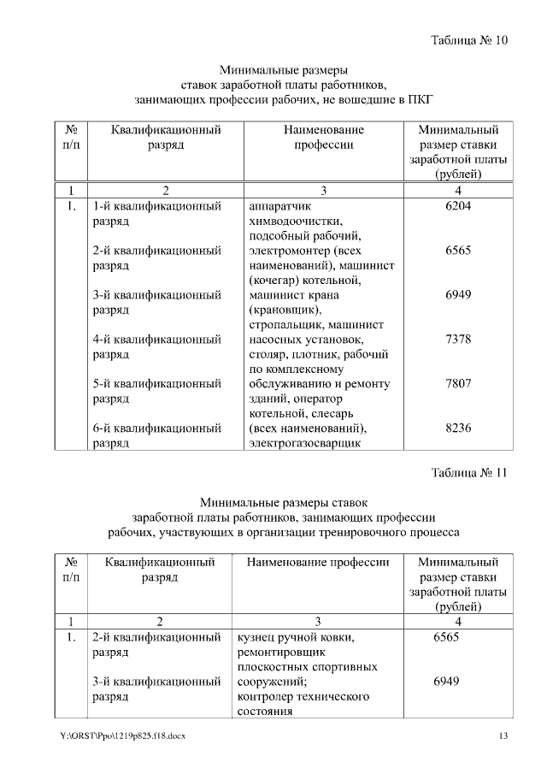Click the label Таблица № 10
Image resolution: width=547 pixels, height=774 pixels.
click(469, 40)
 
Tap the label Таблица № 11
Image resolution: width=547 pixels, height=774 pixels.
click(469, 472)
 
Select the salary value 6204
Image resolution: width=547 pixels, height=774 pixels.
click(458, 206)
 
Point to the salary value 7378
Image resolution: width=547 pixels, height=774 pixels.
click(458, 340)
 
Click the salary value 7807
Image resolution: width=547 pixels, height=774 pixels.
click(458, 384)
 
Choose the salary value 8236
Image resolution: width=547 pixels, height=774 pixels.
click(458, 428)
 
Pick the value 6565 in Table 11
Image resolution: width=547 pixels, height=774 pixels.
click(446, 638)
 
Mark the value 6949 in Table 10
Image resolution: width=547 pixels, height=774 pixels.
click(458, 295)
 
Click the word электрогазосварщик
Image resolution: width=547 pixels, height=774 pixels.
click(303, 443)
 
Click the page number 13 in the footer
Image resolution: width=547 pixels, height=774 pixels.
click(503, 737)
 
